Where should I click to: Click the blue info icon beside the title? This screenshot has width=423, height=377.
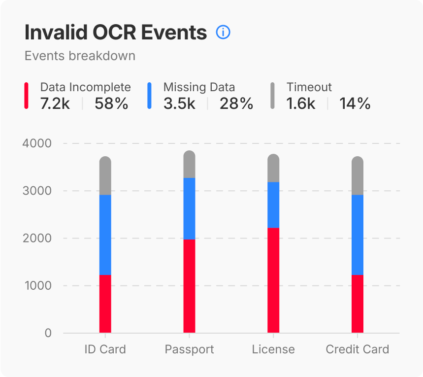point(223,33)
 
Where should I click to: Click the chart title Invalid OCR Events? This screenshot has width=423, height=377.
point(116,33)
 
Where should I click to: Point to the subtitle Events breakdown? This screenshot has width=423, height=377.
point(80,56)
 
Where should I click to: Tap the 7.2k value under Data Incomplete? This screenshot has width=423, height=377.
point(55,103)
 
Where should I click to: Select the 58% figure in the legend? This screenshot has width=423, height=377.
point(111,103)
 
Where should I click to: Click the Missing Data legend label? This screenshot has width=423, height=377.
point(199,87)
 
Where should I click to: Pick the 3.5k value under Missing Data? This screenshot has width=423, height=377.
point(179,103)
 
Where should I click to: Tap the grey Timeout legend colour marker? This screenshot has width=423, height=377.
point(272,96)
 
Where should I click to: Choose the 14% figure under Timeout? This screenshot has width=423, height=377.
point(355,103)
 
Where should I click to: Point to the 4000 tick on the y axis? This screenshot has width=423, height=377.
point(37,143)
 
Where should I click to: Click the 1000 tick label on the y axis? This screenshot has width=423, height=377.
point(37,286)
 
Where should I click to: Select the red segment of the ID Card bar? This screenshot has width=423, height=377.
point(105,304)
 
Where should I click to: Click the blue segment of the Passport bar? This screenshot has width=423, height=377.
point(190,208)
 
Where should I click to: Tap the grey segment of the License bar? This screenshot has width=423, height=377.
point(273,169)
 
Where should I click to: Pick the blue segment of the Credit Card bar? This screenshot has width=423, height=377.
point(358,235)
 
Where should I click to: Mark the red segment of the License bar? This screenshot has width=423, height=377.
point(273,280)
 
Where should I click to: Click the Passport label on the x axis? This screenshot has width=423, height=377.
point(189,350)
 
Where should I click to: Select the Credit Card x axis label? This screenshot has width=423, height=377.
point(358,350)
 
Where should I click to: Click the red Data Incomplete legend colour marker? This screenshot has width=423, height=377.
point(26,96)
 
